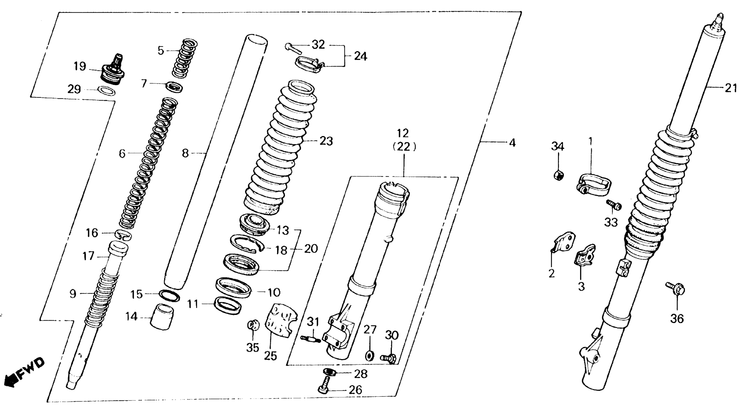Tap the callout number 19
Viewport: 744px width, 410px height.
tap(80, 67)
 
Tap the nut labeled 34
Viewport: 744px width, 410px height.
tap(559, 175)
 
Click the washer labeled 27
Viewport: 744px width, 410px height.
tap(369, 355)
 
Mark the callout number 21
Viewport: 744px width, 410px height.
tap(731, 88)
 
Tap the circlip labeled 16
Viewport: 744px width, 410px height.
tap(124, 235)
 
